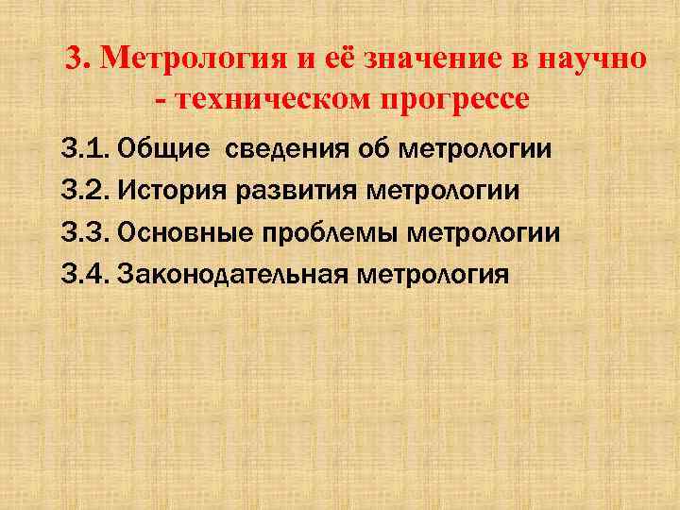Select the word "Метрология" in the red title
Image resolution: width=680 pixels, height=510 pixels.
[188, 59]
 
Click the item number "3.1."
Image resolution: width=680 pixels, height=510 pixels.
[86, 148]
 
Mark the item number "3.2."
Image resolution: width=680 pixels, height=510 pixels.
[86, 190]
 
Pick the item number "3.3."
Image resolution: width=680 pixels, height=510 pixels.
[86, 232]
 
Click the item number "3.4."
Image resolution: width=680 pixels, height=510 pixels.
[86, 274]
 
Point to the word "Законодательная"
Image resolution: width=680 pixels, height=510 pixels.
[232, 274]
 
